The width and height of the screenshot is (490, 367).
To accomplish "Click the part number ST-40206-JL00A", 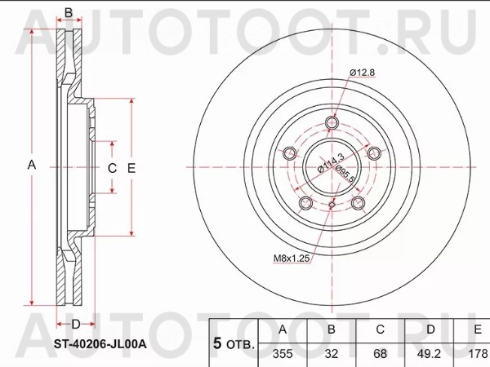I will coord(99,344).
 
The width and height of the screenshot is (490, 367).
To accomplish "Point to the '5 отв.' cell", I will coord(233,344).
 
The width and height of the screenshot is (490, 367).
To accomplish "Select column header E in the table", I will coord(476,329).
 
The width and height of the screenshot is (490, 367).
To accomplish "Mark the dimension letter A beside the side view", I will coord(32,165).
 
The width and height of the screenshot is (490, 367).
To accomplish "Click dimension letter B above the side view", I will coord(69,12).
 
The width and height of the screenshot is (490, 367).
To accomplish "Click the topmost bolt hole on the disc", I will coord(331,123).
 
